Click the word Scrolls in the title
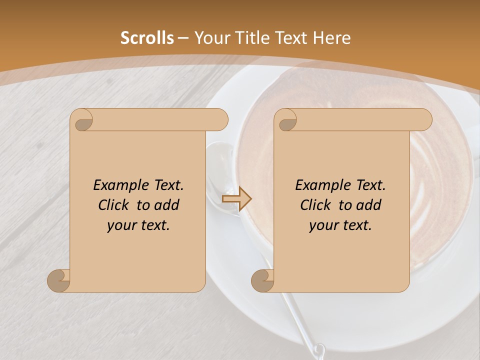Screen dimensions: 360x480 coord(147,38)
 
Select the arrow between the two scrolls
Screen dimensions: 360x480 coord(236,199)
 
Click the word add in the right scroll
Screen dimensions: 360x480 coord(369,205)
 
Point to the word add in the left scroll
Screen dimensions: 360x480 coord(167,205)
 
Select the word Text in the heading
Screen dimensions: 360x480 coord(293,38)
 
